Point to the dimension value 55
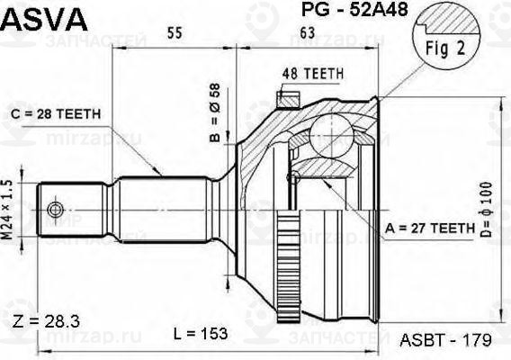tap(175, 34)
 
